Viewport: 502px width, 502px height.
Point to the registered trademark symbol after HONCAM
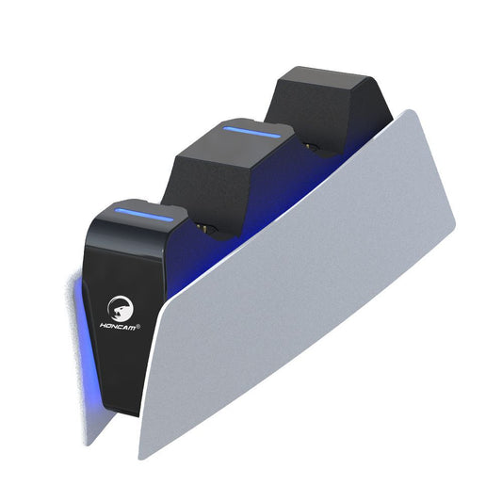(139, 327)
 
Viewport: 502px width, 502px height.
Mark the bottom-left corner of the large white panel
(143, 457)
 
